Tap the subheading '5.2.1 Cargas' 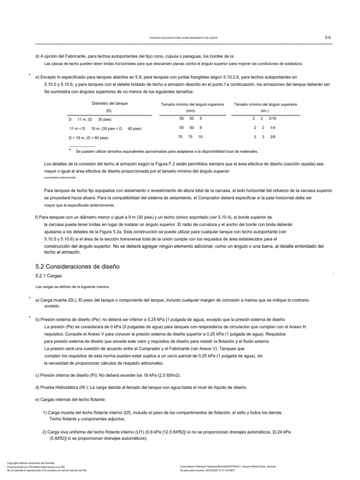tap(49, 277)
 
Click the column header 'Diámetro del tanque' tap(108, 103)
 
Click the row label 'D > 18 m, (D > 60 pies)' tap(89, 138)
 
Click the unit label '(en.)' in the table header tap(264, 111)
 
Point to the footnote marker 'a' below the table tap(69, 150)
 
